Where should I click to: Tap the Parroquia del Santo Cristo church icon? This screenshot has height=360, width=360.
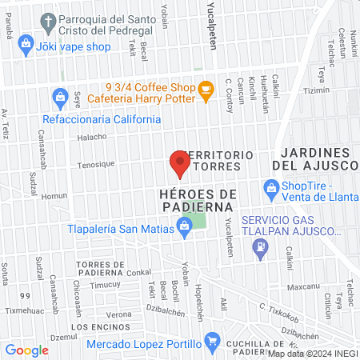49,21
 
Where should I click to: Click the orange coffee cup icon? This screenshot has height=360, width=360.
206,92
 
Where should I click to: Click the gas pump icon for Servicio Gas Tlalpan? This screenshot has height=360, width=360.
259,250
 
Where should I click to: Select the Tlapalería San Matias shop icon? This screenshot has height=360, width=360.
185,230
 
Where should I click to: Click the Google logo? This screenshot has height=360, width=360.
27,350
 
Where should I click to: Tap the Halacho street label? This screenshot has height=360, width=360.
92,137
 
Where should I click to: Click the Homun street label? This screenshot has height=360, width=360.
54,196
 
